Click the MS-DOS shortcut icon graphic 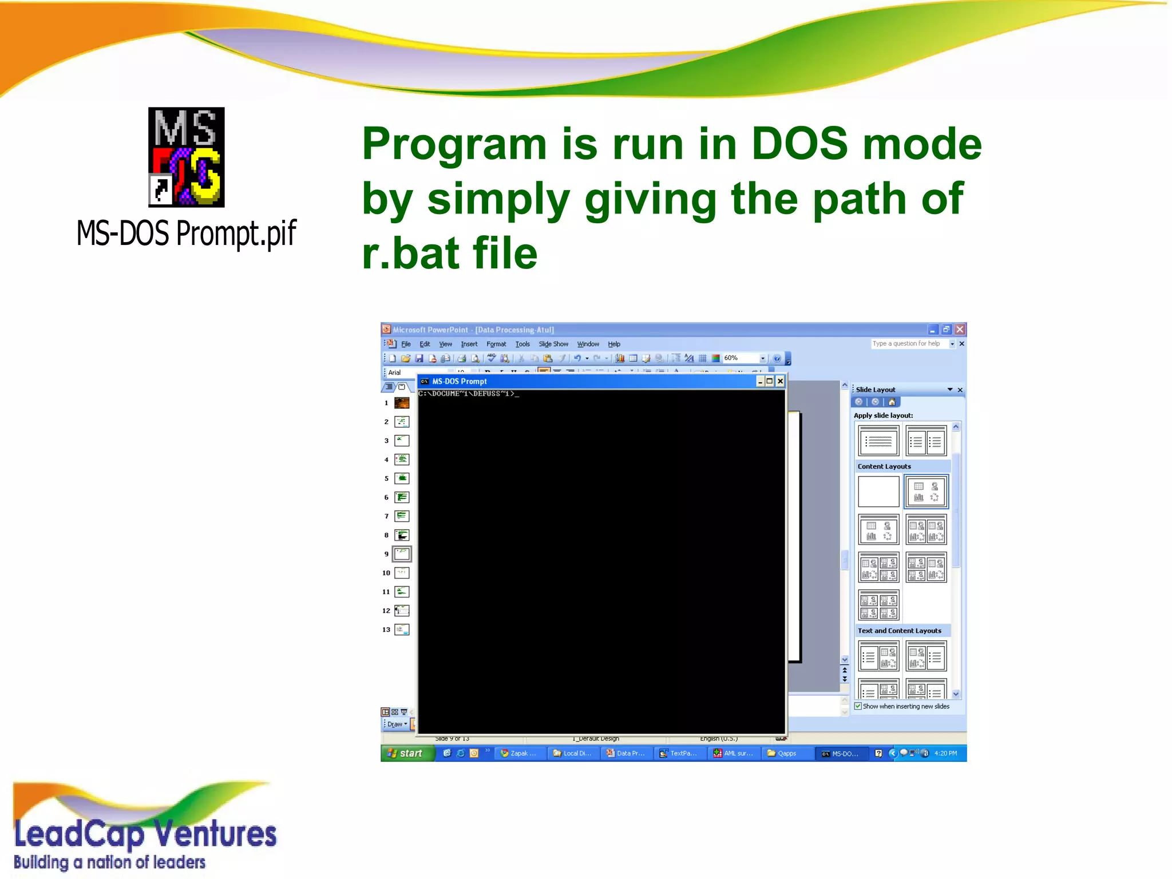tap(186, 157)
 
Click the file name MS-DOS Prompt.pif tap(186, 233)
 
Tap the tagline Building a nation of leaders tap(109, 862)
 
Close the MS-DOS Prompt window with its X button tap(779, 381)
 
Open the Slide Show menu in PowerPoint tap(553, 344)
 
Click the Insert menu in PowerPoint tap(469, 344)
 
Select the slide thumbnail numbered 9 tap(402, 554)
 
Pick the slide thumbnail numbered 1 tap(402, 403)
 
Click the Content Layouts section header tap(884, 466)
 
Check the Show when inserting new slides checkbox tap(858, 706)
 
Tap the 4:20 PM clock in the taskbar tap(945, 753)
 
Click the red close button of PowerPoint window tap(960, 330)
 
